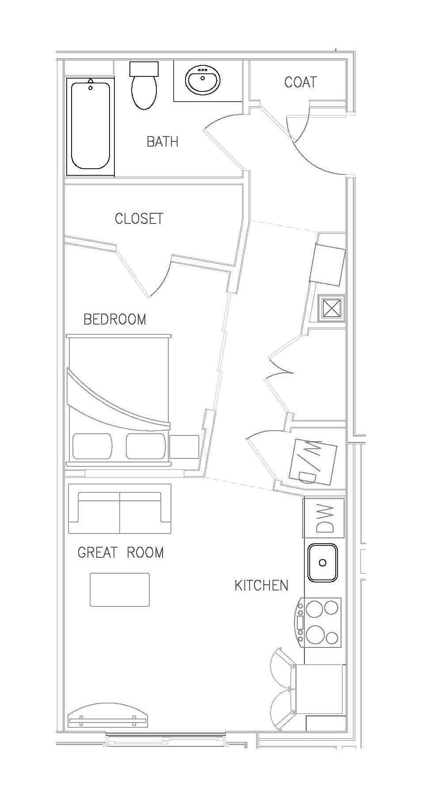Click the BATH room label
point(162,142)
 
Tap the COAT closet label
point(300,82)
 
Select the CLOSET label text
point(139,219)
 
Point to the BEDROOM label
point(115,319)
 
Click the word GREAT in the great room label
point(98,552)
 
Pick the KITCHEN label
point(262,586)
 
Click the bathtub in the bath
point(91,125)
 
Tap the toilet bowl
point(144,92)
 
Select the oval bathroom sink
point(203,80)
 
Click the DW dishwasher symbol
point(324,518)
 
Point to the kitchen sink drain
point(322,563)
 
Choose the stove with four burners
point(319,622)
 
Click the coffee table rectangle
point(120,590)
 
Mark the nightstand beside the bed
point(184,446)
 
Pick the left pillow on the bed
point(92,446)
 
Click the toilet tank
point(144,68)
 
